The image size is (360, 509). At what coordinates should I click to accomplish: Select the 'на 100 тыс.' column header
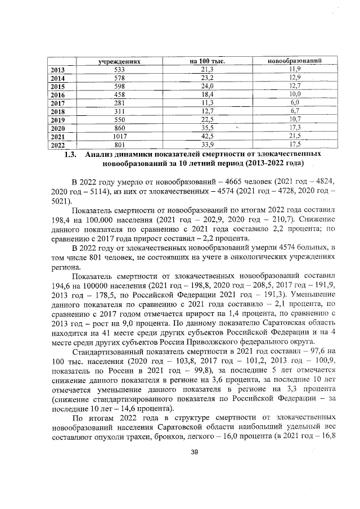point(206,60)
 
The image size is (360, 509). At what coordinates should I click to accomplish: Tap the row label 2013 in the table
point(57,69)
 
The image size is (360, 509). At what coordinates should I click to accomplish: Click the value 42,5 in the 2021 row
point(208,136)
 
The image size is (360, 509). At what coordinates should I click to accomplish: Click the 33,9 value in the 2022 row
point(208,145)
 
